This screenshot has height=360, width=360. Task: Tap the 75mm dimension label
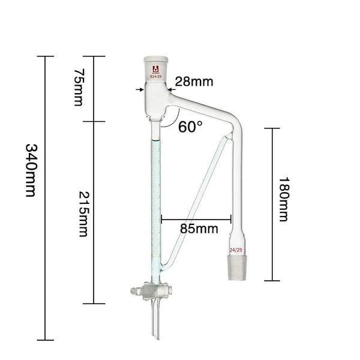click(x=79, y=88)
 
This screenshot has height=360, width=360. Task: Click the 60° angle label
click(x=191, y=127)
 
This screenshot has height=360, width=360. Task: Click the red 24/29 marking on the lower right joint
click(x=236, y=249)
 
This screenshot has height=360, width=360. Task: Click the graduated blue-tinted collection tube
click(x=157, y=198)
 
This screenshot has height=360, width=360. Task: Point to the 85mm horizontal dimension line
click(x=197, y=219)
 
